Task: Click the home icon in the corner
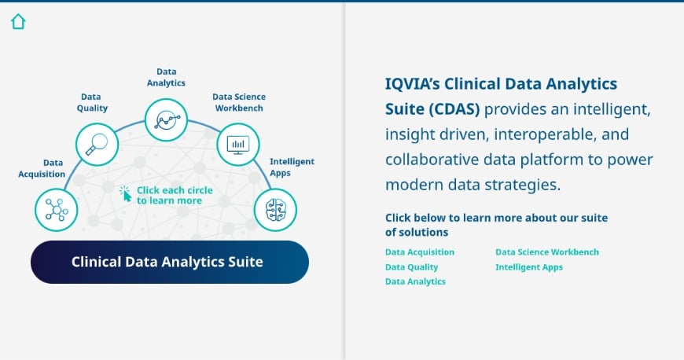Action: click(18, 22)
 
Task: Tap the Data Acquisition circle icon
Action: click(57, 210)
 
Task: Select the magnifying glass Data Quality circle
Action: click(97, 144)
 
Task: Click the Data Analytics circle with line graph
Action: click(167, 119)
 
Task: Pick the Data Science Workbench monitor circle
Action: click(237, 144)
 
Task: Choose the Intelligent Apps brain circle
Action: click(275, 210)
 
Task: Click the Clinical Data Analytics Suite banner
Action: click(169, 262)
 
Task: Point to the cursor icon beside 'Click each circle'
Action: click(125, 193)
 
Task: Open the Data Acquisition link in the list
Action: click(419, 252)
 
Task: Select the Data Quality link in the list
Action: click(411, 267)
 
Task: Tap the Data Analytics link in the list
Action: click(415, 281)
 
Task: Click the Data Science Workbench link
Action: click(546, 252)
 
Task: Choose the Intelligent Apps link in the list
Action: click(528, 267)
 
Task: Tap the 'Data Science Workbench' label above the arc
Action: click(238, 102)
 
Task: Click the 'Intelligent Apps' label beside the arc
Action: click(292, 166)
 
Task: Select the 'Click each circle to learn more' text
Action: click(175, 195)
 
